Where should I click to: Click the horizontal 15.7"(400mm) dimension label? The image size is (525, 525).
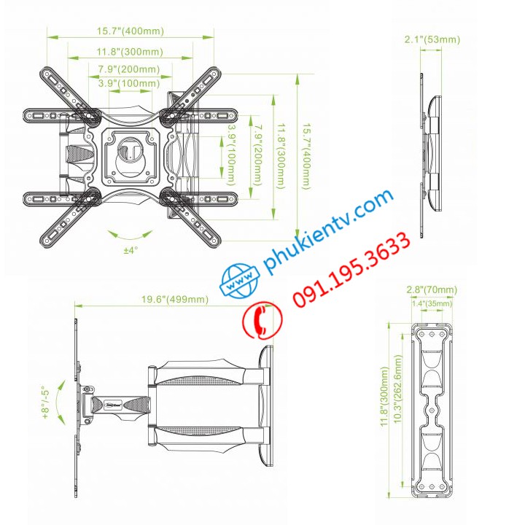(131, 31)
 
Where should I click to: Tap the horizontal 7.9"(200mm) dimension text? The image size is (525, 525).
(130, 69)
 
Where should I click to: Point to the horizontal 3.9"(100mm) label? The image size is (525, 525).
(130, 83)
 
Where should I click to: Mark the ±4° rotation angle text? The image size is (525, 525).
(131, 250)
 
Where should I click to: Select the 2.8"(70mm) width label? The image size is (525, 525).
(432, 290)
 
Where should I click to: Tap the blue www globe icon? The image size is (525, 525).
(241, 281)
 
